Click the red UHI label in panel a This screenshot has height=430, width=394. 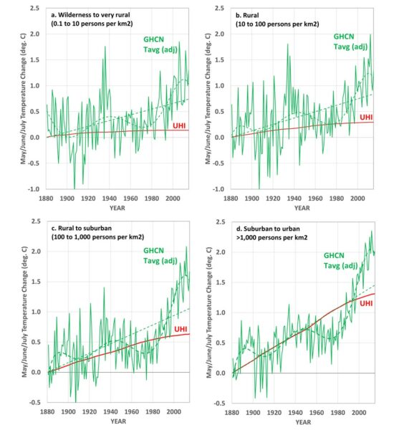pyautogui.click(x=179, y=125)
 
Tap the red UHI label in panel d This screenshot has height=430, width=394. pyautogui.click(x=366, y=303)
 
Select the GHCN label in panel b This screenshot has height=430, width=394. pyautogui.click(x=344, y=37)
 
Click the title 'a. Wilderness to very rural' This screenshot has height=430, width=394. pyautogui.click(x=90, y=14)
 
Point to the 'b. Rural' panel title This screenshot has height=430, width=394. pyautogui.click(x=247, y=15)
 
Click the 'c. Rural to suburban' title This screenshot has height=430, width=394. pyautogui.click(x=82, y=228)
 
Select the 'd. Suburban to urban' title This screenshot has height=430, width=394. pyautogui.click(x=268, y=229)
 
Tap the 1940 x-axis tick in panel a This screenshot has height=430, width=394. pyautogui.click(x=109, y=199)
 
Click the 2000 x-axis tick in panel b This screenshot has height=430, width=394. pyautogui.click(x=357, y=199)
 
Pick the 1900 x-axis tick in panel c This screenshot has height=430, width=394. pyautogui.click(x=68, y=411)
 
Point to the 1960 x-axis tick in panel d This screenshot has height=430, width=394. pyautogui.click(x=317, y=413)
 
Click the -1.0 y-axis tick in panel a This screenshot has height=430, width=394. pyautogui.click(x=34, y=189)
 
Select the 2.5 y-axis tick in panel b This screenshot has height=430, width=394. pyautogui.click(x=220, y=8)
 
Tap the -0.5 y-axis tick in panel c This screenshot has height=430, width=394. pyautogui.click(x=35, y=402)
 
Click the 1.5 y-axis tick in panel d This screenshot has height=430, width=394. pyautogui.click(x=221, y=282)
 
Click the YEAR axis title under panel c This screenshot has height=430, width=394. pyautogui.click(x=118, y=421)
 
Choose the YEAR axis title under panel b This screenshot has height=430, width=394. pyautogui.click(x=302, y=208)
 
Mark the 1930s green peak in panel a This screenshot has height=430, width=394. pyautogui.click(x=105, y=47)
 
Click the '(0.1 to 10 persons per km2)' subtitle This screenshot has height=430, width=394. pyautogui.click(x=92, y=24)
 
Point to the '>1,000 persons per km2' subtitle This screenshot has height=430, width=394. pyautogui.click(x=272, y=237)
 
